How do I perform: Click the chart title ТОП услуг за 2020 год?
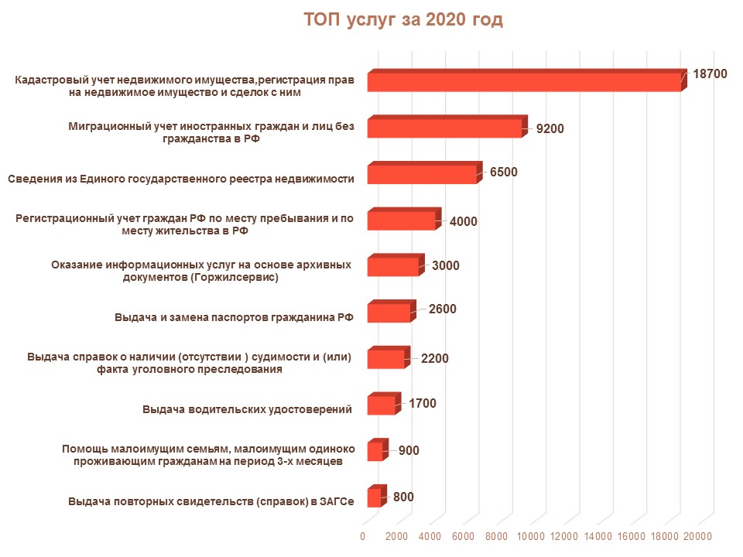click(x=403, y=20)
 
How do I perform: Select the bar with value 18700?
click(x=523, y=82)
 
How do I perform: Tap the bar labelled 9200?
click(x=444, y=128)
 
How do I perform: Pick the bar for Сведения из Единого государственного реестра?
click(x=422, y=174)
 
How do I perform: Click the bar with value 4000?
click(x=402, y=220)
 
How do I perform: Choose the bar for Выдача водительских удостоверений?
click(x=382, y=405)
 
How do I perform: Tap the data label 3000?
click(x=446, y=265)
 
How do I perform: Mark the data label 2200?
click(x=434, y=358)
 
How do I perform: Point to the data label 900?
click(x=409, y=450)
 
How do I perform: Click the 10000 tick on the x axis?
click(x=532, y=536)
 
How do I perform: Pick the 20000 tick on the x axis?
click(x=699, y=536)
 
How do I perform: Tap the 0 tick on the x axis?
click(x=363, y=536)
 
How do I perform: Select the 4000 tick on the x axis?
click(x=430, y=536)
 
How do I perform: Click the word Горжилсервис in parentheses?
click(x=240, y=276)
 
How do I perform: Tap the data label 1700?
click(x=423, y=403)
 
